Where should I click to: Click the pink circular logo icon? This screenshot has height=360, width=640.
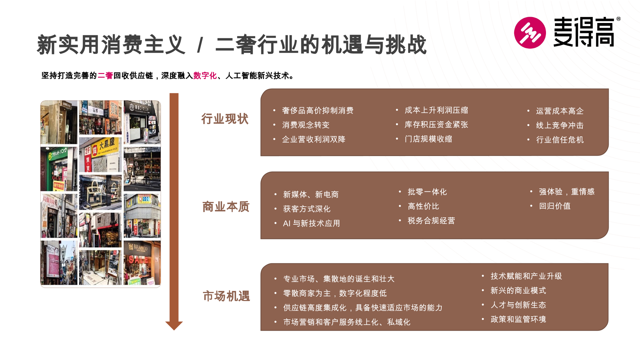[x=530, y=33]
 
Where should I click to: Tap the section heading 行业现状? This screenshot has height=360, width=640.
[x=225, y=119]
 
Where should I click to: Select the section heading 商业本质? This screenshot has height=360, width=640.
[x=226, y=207]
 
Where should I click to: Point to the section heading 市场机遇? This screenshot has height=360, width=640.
[x=227, y=296]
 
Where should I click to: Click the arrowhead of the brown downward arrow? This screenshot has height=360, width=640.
[x=174, y=325]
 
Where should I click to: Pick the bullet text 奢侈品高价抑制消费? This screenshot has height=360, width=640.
[x=318, y=111]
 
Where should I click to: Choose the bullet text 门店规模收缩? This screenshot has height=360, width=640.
[x=428, y=139]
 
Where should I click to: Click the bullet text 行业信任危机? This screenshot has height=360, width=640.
[x=560, y=140]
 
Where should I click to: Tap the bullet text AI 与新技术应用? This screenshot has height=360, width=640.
[x=311, y=223]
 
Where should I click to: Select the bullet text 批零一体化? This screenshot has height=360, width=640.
[x=427, y=192]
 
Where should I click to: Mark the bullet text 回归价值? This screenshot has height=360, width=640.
[x=555, y=206]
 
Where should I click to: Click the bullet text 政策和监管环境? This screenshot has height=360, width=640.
[x=518, y=319]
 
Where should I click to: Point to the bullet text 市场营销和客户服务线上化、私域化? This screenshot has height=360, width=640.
[x=347, y=322]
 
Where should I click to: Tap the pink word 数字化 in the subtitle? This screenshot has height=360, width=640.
[x=205, y=76]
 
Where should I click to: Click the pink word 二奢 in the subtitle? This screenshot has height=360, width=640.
[x=105, y=76]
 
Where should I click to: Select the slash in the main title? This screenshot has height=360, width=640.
[x=200, y=45]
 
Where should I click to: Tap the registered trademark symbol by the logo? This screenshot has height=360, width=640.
[x=618, y=19]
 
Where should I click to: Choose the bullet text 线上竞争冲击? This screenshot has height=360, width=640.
[x=560, y=126]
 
